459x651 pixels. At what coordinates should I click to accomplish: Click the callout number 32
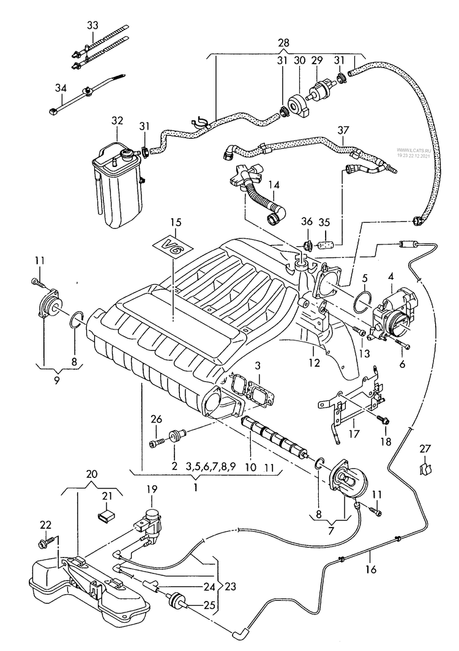[x=118, y=121]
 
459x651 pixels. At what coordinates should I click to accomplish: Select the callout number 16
[x=371, y=571]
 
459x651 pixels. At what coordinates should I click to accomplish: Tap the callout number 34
[x=61, y=87]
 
